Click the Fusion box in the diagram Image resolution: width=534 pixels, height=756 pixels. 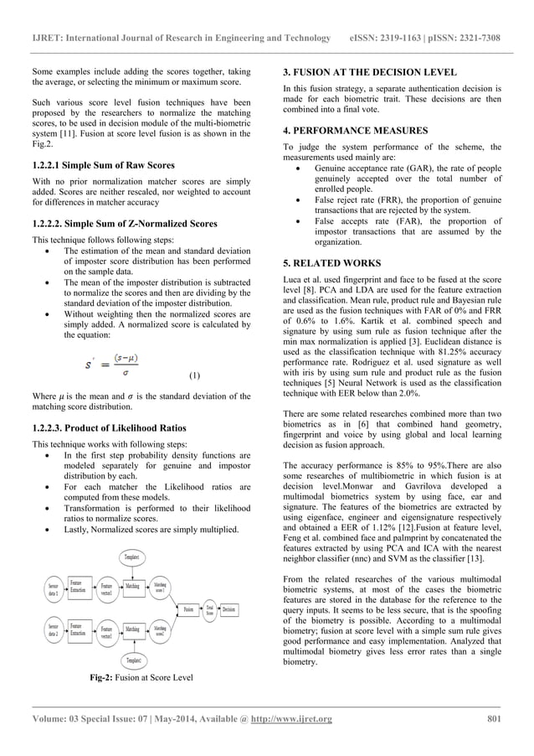[189, 607]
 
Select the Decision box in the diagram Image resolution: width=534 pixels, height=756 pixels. [229, 607]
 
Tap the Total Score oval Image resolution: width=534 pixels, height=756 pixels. [210, 607]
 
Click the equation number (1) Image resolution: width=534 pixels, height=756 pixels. [193, 376]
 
